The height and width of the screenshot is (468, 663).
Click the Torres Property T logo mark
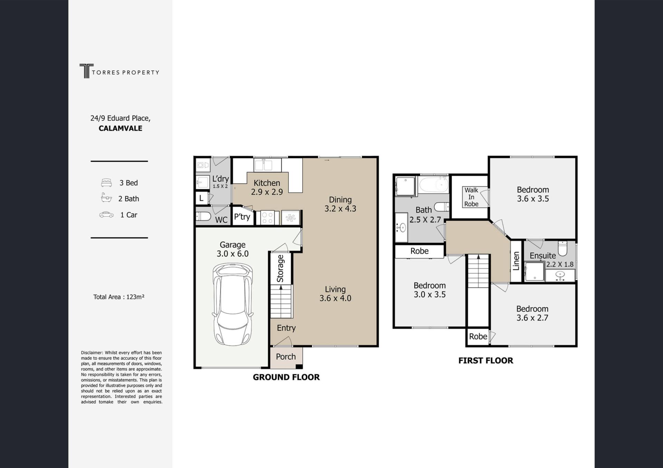[x=86, y=71]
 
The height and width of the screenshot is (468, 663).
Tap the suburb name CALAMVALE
[x=121, y=128]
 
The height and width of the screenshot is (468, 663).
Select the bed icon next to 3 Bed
[x=106, y=182]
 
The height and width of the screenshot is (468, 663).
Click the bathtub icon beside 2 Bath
[x=106, y=198]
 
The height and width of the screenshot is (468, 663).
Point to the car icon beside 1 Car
[x=106, y=215]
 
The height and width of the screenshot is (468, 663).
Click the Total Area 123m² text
[x=119, y=297]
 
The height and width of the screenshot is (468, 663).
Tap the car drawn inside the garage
[x=232, y=304]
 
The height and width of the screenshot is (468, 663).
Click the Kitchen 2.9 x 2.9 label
[x=267, y=187]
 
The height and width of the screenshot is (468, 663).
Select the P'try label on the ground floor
[x=242, y=217]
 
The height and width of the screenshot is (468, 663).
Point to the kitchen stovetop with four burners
[x=267, y=218]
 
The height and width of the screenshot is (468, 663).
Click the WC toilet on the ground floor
[x=203, y=217]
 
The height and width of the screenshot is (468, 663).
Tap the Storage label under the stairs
[x=280, y=268]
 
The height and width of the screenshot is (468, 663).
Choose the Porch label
[x=286, y=357]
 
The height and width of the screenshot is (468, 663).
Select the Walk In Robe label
[x=471, y=197]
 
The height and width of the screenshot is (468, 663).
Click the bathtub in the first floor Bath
[x=434, y=185]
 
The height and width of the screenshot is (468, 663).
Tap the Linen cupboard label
[x=516, y=261]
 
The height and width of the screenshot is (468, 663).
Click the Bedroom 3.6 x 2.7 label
[x=532, y=313]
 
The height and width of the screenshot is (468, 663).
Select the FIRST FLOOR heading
[x=486, y=360]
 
